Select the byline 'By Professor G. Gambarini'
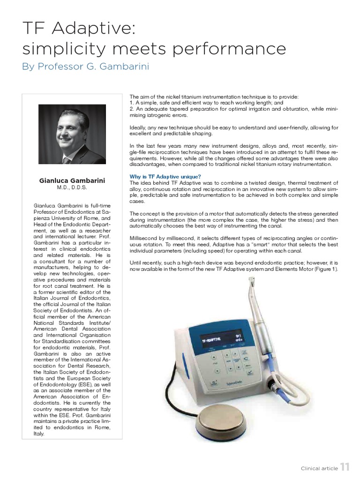(x=85, y=67)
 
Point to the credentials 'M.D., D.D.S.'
(x=72, y=187)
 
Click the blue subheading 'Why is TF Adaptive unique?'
(x=165, y=176)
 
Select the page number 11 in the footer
(x=345, y=466)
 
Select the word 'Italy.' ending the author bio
(x=39, y=434)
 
